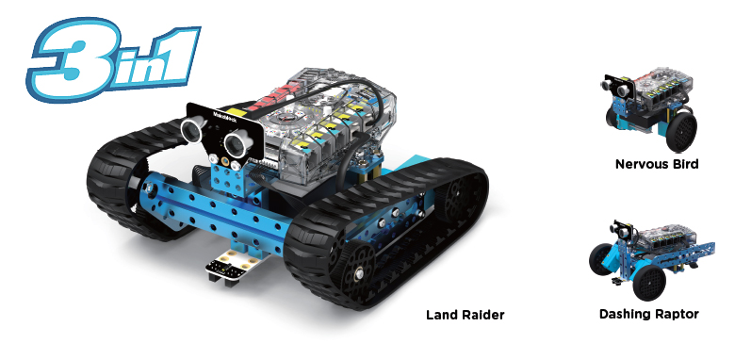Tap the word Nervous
click(x=642, y=164)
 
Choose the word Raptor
click(x=678, y=313)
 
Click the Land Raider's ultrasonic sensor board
click(x=216, y=132)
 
